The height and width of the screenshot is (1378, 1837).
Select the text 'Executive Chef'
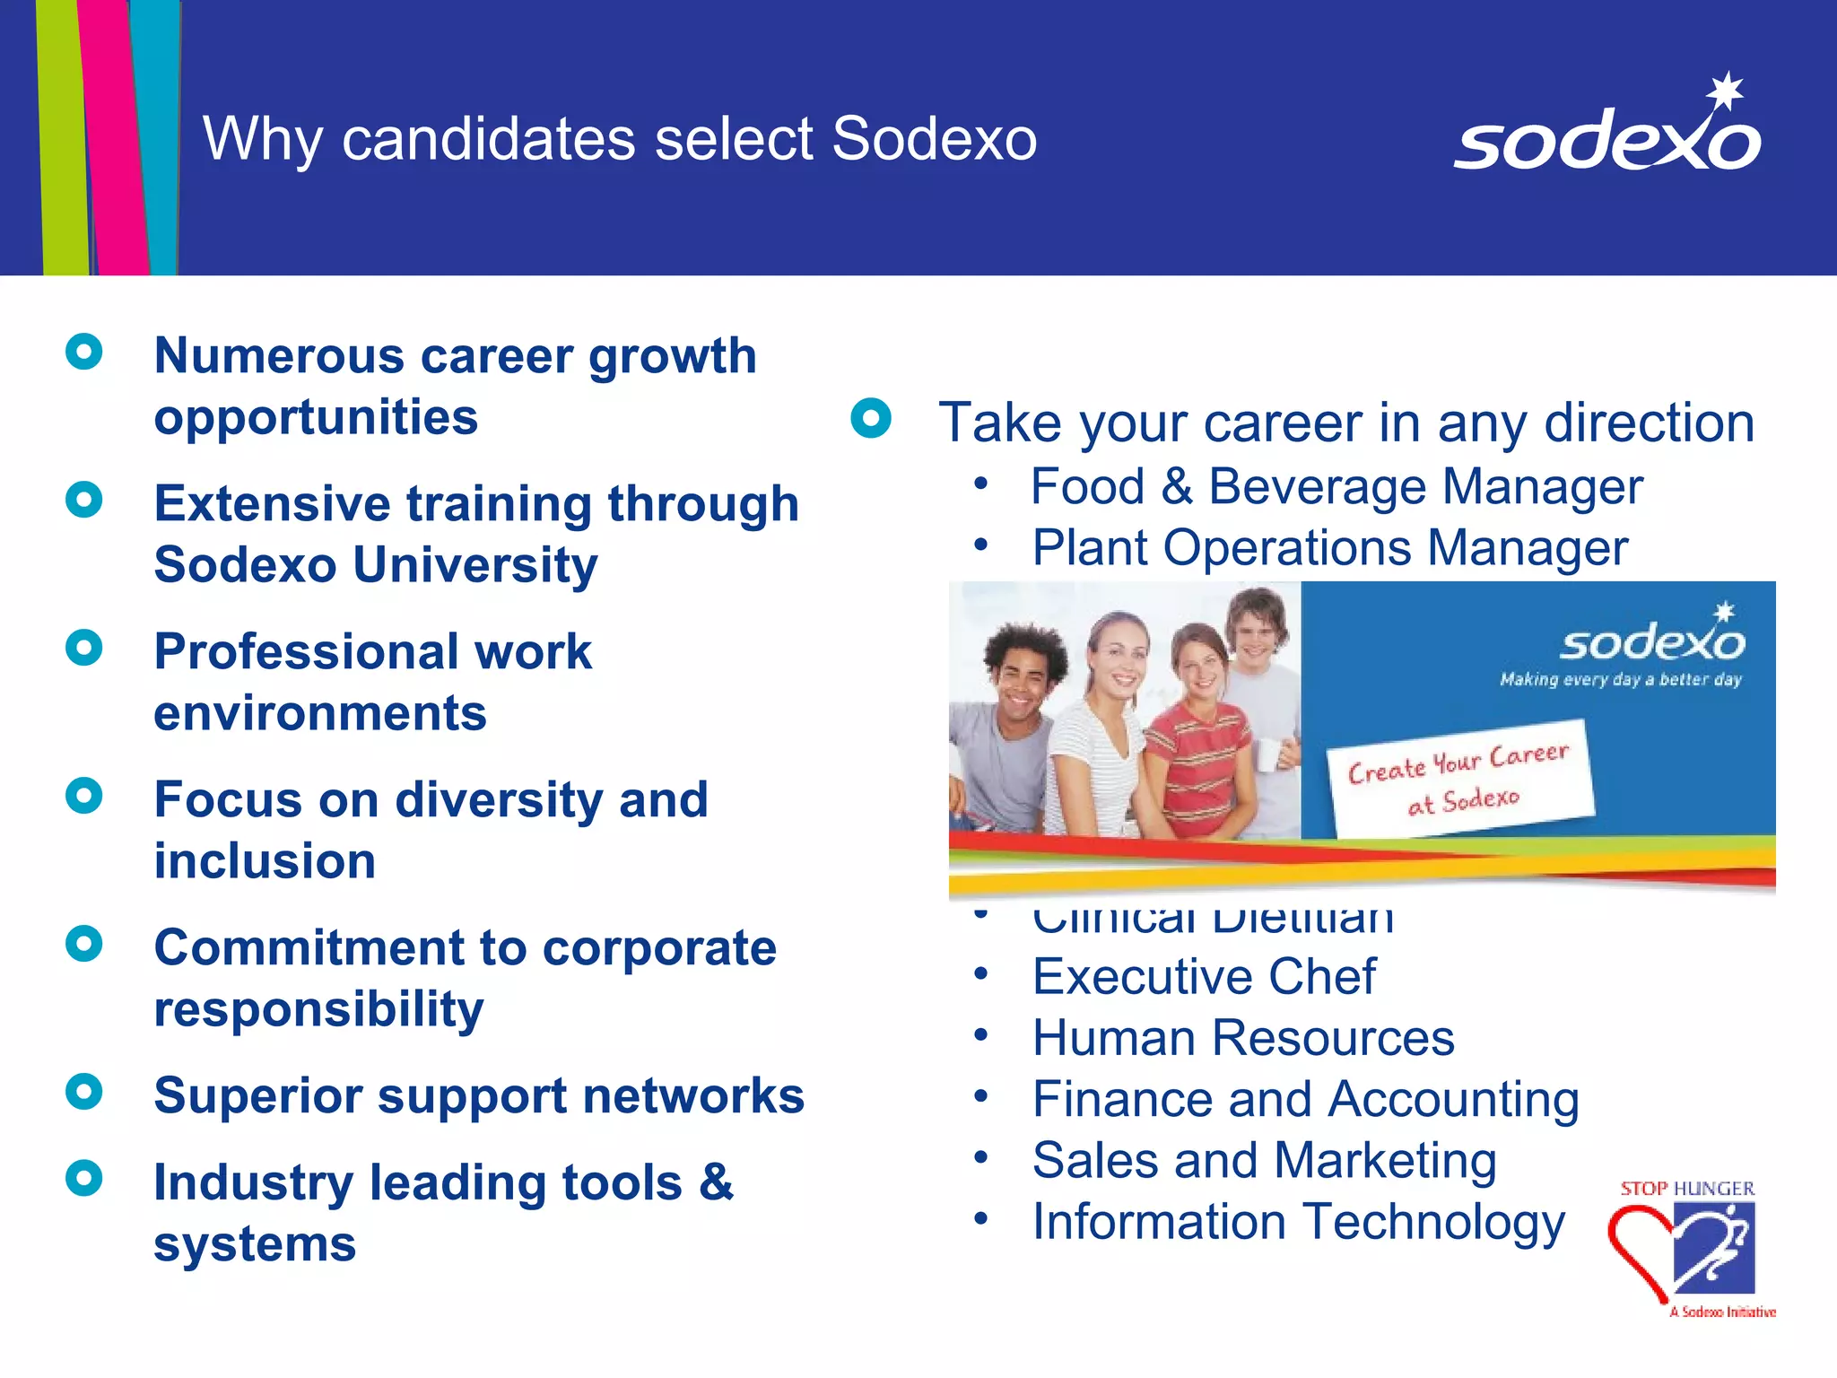click(1204, 976)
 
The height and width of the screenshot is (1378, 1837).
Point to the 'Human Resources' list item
click(1243, 1038)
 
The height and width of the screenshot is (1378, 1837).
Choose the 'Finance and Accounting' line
click(1305, 1099)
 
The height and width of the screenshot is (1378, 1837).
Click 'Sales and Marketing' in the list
click(1264, 1160)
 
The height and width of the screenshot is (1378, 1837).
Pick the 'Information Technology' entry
click(1298, 1222)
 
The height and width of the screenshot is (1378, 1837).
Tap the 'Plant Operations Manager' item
click(1329, 547)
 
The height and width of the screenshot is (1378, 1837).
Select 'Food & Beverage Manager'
click(1336, 486)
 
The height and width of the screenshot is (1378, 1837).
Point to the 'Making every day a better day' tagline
click(1620, 679)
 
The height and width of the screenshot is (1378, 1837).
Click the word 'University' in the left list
click(475, 565)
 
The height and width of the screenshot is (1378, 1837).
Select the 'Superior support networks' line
click(479, 1095)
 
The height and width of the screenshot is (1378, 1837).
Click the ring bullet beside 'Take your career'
click(871, 418)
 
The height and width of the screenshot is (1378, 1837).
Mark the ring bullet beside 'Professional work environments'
click(84, 647)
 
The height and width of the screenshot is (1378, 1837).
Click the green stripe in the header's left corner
click(63, 135)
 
